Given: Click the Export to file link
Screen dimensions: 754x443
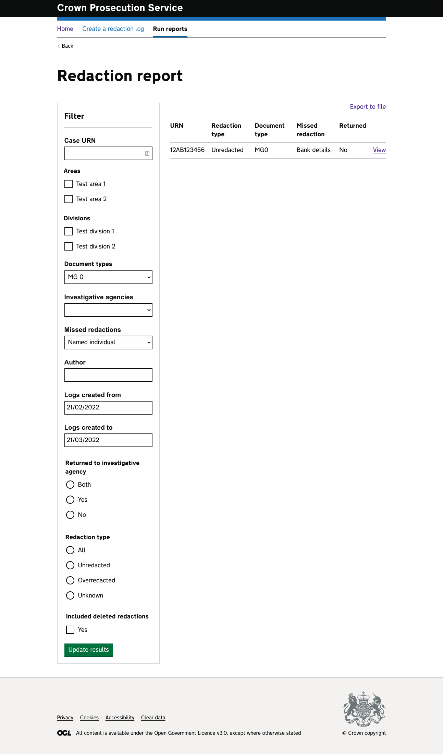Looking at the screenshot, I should coord(368,107).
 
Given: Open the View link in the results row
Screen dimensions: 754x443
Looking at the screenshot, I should coord(379,150).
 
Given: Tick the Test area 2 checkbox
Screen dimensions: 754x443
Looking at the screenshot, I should coord(69,199).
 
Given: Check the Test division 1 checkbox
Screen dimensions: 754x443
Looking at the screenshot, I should coord(69,231).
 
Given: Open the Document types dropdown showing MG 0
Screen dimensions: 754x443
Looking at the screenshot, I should coord(108,277).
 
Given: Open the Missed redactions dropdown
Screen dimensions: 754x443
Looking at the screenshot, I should coord(108,343).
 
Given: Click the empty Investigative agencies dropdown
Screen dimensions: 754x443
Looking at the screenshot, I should coord(108,310).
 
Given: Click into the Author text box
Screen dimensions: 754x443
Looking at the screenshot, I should coord(108,375).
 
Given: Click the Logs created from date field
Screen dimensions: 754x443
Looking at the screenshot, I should coord(108,408).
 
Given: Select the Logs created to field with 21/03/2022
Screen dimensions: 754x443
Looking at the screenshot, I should coord(108,440).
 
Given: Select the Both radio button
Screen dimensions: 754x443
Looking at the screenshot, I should coord(70,485).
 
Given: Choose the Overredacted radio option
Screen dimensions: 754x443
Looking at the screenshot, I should coord(70,580).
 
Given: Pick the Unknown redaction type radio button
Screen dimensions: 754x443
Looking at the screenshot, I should coord(70,595).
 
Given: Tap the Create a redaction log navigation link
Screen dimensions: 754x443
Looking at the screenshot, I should coord(113,29).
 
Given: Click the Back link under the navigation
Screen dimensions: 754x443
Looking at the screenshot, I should coord(67,46).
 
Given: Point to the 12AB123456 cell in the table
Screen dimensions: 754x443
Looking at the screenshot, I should coord(187,150).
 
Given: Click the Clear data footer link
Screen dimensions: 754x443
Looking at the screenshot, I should coord(153,718).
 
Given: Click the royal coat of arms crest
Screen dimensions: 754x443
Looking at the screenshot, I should coord(364,709).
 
